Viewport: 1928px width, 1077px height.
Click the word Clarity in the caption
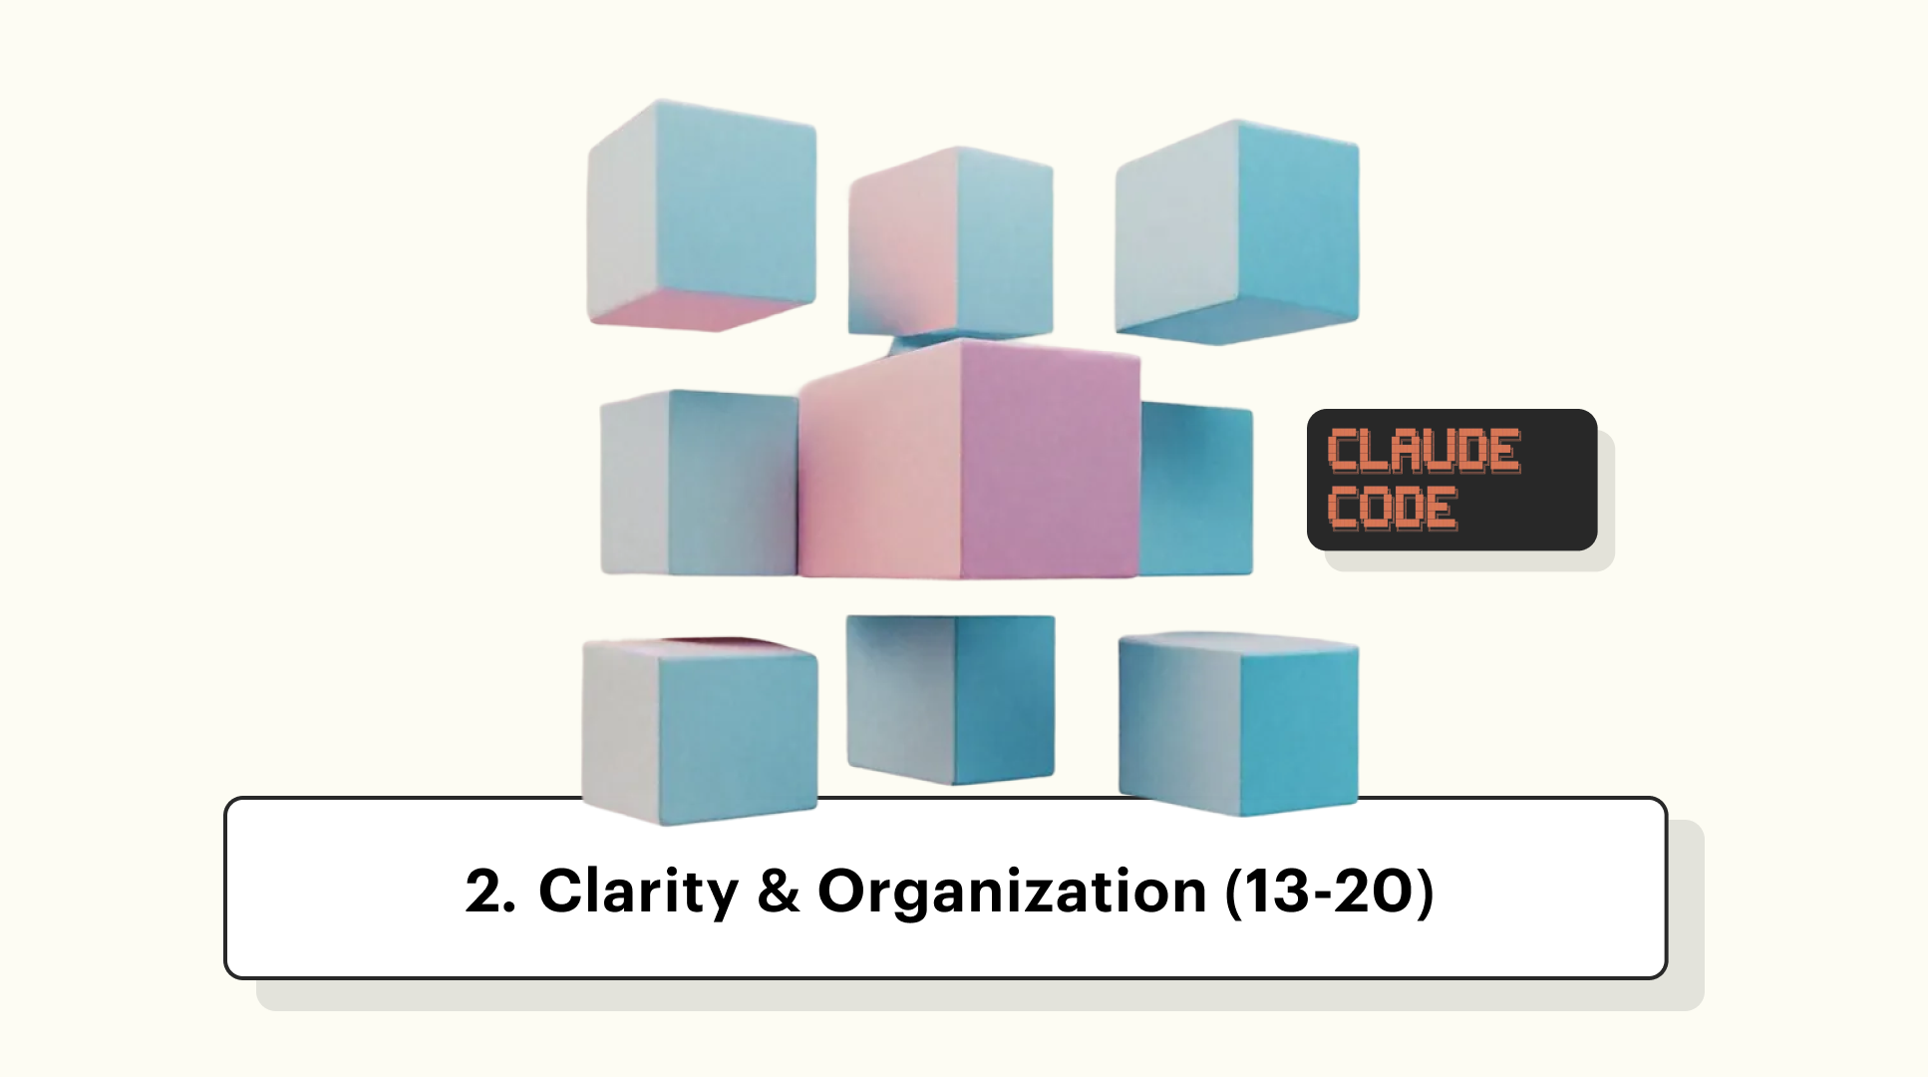click(x=638, y=891)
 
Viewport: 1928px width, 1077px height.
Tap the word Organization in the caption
click(x=1012, y=891)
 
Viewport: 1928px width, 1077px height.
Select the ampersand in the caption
click(x=778, y=891)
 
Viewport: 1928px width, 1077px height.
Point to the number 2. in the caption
click(x=489, y=891)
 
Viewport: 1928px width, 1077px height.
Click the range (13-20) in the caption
click(x=1329, y=891)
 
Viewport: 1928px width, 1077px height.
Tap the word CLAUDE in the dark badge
click(x=1424, y=451)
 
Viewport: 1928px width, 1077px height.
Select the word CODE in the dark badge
click(x=1393, y=509)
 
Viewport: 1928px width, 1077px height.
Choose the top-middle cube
click(x=950, y=244)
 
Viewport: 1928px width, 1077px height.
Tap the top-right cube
click(x=1236, y=231)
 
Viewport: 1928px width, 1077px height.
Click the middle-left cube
click(x=698, y=484)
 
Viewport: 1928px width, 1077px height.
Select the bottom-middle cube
click(x=950, y=698)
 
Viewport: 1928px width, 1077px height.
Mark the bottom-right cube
click(x=1238, y=723)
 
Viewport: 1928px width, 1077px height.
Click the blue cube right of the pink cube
click(x=1196, y=489)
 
